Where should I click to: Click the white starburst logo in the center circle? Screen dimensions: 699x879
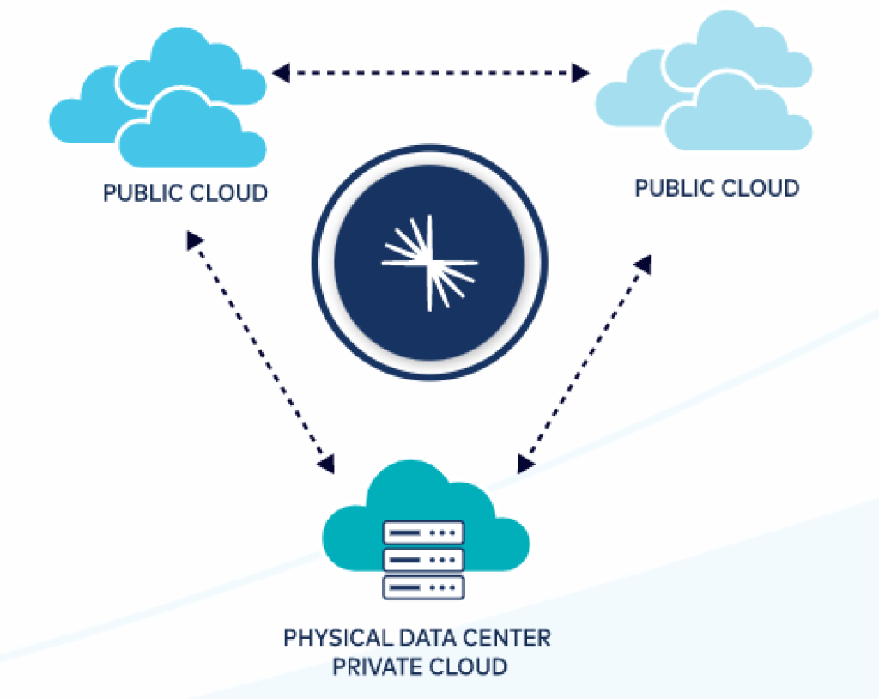[x=429, y=262]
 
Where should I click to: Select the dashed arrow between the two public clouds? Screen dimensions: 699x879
[x=429, y=73]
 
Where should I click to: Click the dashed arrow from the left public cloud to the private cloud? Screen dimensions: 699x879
[x=260, y=352]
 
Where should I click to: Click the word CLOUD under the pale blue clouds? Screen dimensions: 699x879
[x=759, y=187]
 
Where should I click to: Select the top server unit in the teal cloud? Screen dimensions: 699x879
[x=423, y=532]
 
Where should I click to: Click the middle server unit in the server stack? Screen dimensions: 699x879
[x=423, y=560]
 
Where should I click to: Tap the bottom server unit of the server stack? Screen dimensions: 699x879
[x=423, y=587]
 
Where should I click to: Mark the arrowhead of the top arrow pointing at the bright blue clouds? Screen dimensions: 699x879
[x=279, y=73]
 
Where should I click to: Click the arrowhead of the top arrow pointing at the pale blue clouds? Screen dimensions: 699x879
[x=581, y=73]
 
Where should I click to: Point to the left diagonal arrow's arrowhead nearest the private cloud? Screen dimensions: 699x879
[x=326, y=465]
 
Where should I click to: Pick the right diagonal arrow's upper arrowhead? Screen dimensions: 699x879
[x=642, y=264]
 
